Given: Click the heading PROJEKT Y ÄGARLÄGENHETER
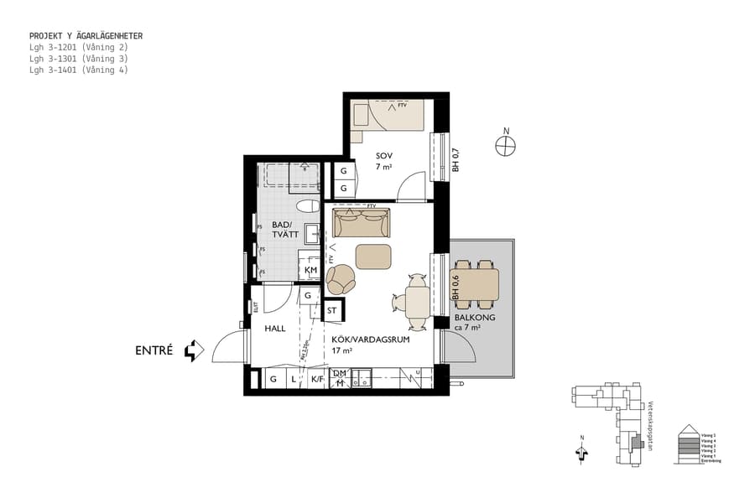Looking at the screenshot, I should click(x=86, y=36).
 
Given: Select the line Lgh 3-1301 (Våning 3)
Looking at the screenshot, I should click(x=78, y=59).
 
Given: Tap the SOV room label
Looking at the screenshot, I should click(x=384, y=156).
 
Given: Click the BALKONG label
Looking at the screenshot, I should click(x=475, y=319).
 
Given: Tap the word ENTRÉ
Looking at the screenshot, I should click(x=154, y=350).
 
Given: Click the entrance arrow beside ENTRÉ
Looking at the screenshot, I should click(x=194, y=350).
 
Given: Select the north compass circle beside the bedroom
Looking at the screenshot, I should click(x=505, y=146).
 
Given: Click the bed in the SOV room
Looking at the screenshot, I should click(x=389, y=115).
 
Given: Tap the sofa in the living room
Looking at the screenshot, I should click(x=362, y=224).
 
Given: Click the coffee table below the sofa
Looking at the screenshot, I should click(x=373, y=256).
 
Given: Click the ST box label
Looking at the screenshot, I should click(x=332, y=310).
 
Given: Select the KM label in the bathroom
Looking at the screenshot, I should click(x=310, y=270).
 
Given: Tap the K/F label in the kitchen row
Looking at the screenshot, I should click(x=317, y=380).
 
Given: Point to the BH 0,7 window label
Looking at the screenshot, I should click(x=456, y=159).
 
